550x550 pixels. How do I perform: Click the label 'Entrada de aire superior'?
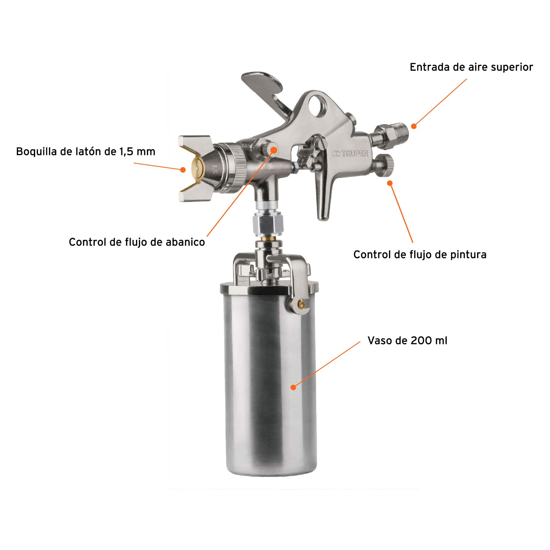[471, 67]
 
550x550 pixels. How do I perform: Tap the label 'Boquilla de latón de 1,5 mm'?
[86, 152]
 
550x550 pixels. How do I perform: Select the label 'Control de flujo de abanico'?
[137, 242]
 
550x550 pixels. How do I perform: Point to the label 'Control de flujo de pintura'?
[420, 255]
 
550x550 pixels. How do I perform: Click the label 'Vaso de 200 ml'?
[407, 340]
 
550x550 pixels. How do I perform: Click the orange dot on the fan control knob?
[274, 150]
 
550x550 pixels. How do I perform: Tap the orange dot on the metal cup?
[293, 387]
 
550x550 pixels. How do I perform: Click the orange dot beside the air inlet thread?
[413, 126]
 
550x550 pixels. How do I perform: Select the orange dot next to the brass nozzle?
[183, 169]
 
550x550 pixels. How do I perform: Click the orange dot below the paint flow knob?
[390, 183]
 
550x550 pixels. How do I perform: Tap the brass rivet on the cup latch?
[301, 304]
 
